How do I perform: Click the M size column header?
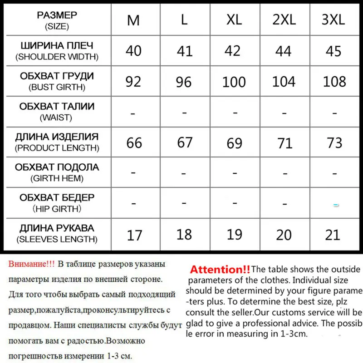[133, 20]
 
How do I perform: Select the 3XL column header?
[334, 20]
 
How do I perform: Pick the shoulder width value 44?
[283, 51]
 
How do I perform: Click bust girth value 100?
[234, 82]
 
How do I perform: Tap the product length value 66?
[134, 143]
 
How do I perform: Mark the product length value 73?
[334, 142]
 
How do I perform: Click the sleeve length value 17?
[134, 235]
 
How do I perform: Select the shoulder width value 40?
[133, 50]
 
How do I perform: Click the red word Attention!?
[220, 270]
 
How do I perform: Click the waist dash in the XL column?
[234, 112]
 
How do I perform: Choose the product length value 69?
[234, 143]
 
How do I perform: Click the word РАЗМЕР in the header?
[57, 15]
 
